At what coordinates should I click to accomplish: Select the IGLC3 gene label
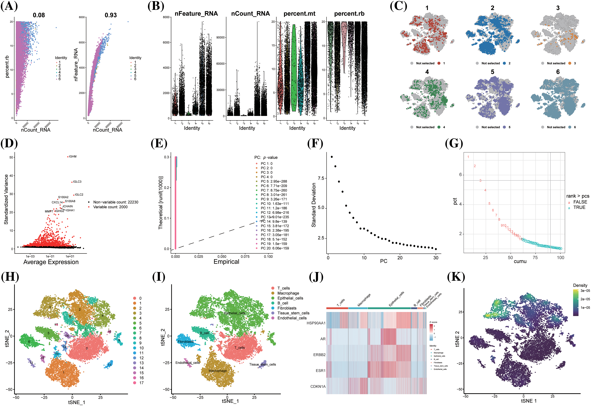(x=77, y=182)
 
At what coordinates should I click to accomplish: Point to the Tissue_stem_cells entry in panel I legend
(x=293, y=313)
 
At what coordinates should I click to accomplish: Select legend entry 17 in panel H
(x=141, y=383)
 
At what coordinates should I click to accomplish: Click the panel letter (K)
(x=456, y=277)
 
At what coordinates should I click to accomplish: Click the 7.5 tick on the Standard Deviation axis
(x=321, y=178)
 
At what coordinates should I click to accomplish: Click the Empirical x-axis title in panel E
(x=226, y=262)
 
